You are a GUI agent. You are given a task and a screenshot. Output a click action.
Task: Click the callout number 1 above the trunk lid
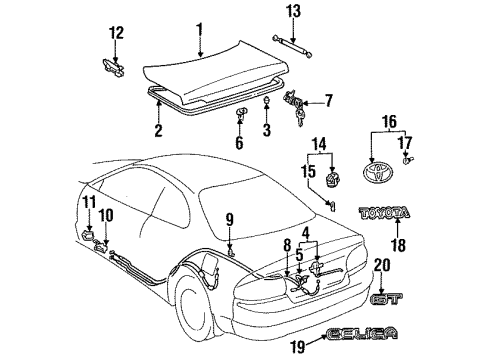[200, 28]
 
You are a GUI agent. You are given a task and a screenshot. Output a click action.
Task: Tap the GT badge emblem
[410, 297]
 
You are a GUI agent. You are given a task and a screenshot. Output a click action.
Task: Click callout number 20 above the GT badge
[410, 265]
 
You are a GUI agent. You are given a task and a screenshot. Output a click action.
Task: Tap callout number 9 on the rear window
[229, 220]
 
